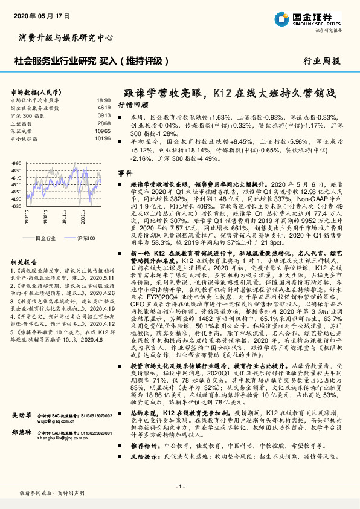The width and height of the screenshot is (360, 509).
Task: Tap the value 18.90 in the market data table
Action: click(x=103, y=100)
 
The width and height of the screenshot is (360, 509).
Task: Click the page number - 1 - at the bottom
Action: click(x=179, y=486)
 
